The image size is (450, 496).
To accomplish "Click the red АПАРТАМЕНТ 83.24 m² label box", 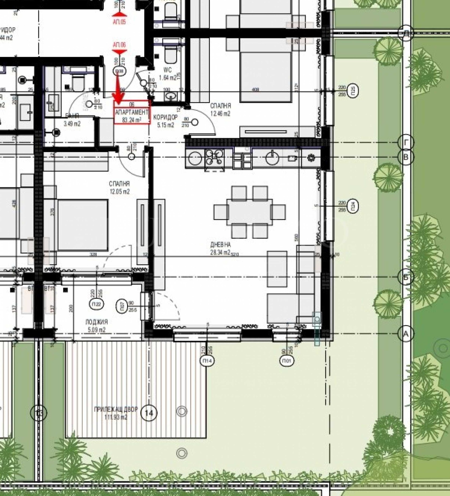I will (132, 112).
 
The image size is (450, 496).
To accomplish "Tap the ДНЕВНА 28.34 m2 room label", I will (220, 249).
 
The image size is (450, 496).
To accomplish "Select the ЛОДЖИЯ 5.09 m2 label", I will (96, 326).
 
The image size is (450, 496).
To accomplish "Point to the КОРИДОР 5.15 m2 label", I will (165, 121).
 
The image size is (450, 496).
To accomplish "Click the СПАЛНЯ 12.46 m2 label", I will (220, 109).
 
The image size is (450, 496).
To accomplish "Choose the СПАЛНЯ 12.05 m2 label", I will (119, 187).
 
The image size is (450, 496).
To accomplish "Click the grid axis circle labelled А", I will (405, 334).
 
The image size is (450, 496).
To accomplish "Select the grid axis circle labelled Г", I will (405, 143).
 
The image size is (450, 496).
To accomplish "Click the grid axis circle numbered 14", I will (149, 413).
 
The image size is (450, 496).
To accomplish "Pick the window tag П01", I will (287, 361).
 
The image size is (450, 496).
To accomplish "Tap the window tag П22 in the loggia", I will (96, 304).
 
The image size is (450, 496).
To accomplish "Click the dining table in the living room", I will (249, 212).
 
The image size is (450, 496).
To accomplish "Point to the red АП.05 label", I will (119, 22).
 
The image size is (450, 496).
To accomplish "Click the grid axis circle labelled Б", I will (405, 277).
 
